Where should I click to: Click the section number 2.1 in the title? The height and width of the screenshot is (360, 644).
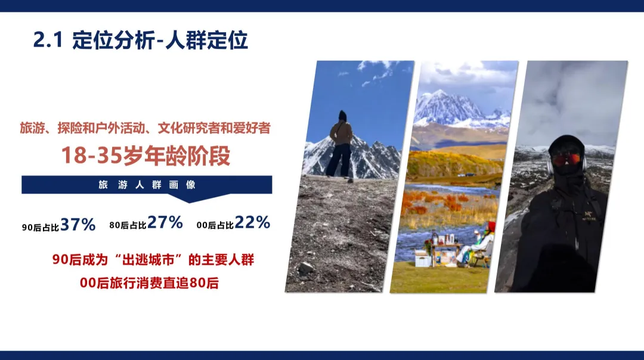(47, 41)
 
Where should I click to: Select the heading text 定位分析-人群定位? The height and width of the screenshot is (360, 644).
(160, 41)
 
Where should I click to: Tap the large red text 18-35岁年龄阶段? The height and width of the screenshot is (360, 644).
(146, 156)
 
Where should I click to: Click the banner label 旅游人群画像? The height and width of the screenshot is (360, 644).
(147, 185)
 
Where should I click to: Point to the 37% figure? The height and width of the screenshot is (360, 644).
(78, 225)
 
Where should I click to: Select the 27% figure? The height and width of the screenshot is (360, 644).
(165, 223)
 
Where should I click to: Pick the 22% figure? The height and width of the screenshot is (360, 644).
(252, 223)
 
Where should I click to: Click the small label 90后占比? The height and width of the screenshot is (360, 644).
(41, 227)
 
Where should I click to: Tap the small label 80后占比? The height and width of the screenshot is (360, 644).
(128, 225)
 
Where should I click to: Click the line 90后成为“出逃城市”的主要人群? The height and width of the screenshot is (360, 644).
(153, 260)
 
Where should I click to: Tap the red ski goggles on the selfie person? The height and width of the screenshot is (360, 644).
(566, 159)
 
